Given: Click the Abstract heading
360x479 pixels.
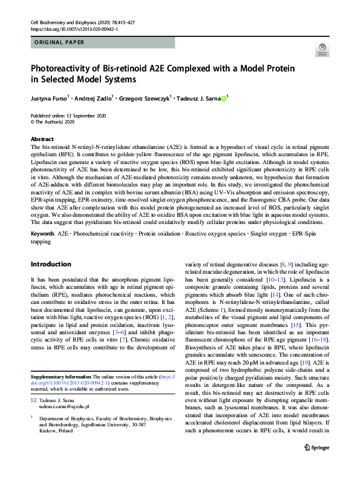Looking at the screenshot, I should pyautogui.click(x=42, y=139).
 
